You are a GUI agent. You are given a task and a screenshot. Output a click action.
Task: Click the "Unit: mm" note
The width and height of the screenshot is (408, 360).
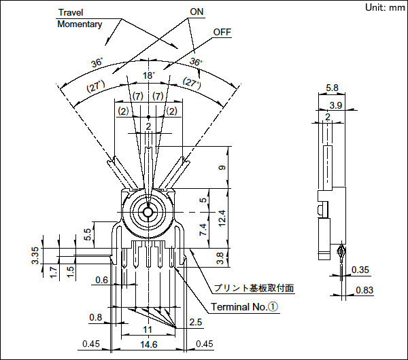click(x=385, y=7)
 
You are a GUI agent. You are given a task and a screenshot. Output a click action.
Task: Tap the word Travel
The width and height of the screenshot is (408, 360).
click(x=71, y=12)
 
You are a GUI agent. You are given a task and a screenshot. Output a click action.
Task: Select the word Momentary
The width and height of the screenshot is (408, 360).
click(x=80, y=24)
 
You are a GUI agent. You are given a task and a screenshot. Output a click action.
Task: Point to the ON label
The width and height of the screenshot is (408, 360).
click(x=197, y=12)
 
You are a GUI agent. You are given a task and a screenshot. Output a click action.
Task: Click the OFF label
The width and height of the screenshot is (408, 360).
click(x=222, y=32)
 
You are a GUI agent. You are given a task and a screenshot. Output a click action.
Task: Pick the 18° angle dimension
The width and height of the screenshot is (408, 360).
click(x=148, y=75)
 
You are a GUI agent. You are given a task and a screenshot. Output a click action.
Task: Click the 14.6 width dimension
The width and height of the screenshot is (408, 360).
click(x=149, y=344)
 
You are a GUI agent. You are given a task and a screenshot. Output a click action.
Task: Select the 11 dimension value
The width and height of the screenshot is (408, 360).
click(x=148, y=329)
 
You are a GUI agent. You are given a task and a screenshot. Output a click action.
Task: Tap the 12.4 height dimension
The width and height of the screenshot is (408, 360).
click(x=222, y=218)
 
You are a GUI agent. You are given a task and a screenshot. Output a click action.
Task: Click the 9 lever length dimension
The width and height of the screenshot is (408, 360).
click(x=222, y=168)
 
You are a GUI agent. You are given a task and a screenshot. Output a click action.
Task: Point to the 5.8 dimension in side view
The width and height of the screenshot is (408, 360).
click(x=332, y=88)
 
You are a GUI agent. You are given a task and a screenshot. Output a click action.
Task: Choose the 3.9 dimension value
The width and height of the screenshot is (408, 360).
click(x=336, y=105)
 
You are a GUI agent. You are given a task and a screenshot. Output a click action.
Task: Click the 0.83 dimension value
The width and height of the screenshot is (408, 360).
click(x=364, y=290)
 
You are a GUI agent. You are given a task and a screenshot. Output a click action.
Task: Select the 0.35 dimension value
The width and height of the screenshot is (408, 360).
click(x=360, y=270)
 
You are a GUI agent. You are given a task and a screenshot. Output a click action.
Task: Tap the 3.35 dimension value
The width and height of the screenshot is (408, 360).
click(x=35, y=255)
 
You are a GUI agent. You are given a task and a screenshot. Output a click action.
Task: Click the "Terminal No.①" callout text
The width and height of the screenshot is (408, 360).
click(x=244, y=307)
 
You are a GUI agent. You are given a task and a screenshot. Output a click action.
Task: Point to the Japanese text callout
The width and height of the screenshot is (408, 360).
click(x=254, y=288)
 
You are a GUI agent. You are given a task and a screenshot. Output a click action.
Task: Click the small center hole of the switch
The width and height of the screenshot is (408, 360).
click(x=148, y=212)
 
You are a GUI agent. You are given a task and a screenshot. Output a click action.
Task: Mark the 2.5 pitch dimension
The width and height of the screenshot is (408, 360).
click(x=195, y=322)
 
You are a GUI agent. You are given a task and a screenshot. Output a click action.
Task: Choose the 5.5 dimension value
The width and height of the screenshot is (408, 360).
click(x=88, y=234)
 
